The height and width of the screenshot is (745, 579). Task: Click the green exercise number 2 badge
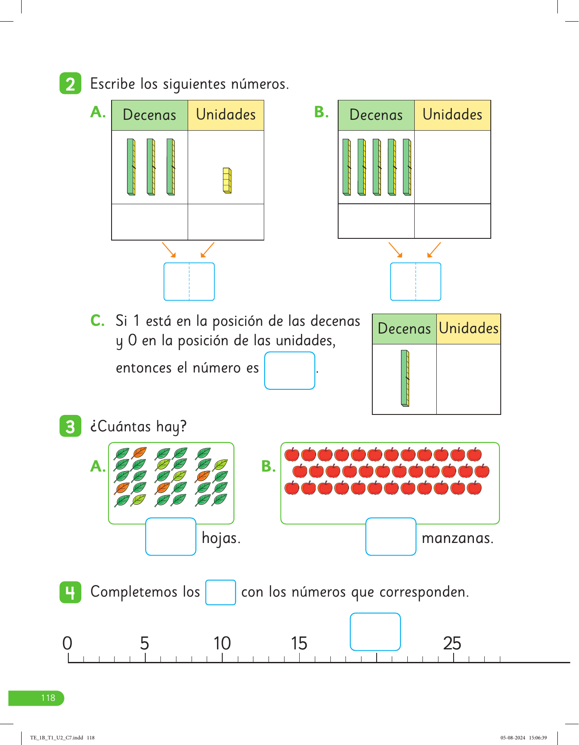pos(70,83)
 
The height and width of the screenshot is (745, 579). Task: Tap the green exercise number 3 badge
pos(70,426)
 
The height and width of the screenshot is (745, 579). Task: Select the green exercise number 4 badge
pos(70,592)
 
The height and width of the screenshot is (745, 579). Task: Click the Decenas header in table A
pos(150,115)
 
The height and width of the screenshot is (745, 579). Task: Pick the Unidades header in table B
pos(452,115)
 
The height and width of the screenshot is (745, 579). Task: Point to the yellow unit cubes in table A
pos(227,180)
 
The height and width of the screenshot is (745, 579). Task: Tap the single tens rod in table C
pos(405,378)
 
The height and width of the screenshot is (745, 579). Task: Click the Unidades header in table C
pos(469,329)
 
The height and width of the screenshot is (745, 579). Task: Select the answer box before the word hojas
pos(171,536)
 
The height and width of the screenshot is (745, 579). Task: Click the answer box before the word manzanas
pos(391,536)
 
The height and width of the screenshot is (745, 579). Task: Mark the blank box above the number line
pos(375,632)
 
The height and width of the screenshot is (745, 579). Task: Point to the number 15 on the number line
pos(299,643)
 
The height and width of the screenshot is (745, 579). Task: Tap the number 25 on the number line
pos(452,643)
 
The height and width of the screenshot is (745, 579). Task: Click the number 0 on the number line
pos(67,643)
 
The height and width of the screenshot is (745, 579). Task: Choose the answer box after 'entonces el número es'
pos(290,370)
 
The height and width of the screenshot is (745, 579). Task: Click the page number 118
pos(48,698)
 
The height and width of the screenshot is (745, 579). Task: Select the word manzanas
pos(457,538)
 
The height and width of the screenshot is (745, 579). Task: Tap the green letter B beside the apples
pos(269,466)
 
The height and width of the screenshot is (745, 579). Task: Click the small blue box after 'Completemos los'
pos(221,592)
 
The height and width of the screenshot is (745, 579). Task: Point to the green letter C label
pos(97,321)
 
